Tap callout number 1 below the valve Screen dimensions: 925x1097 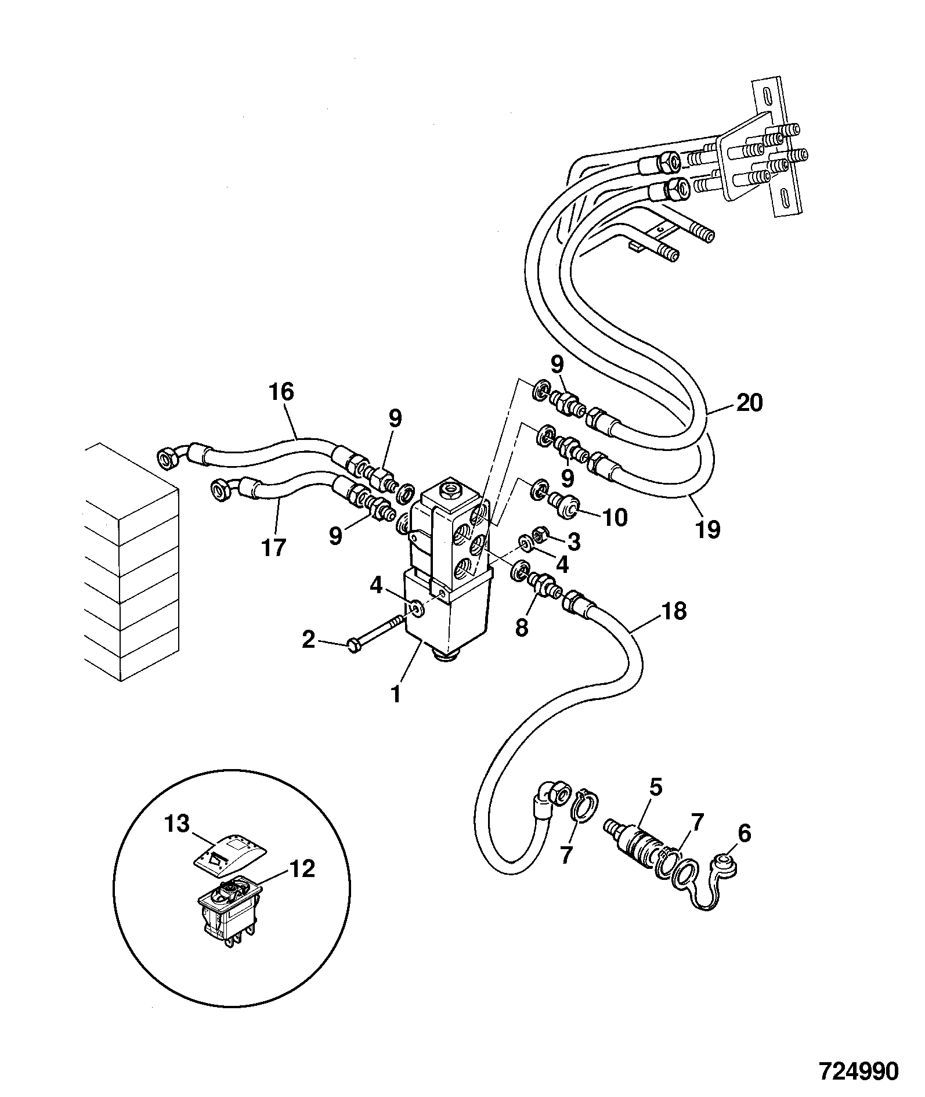[x=396, y=694]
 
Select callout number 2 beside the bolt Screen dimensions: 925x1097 [x=308, y=640]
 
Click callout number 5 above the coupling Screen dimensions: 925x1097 [x=655, y=788]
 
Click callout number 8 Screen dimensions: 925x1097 [x=522, y=627]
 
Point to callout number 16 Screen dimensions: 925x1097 [x=281, y=392]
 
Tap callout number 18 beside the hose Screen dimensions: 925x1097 [x=674, y=611]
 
